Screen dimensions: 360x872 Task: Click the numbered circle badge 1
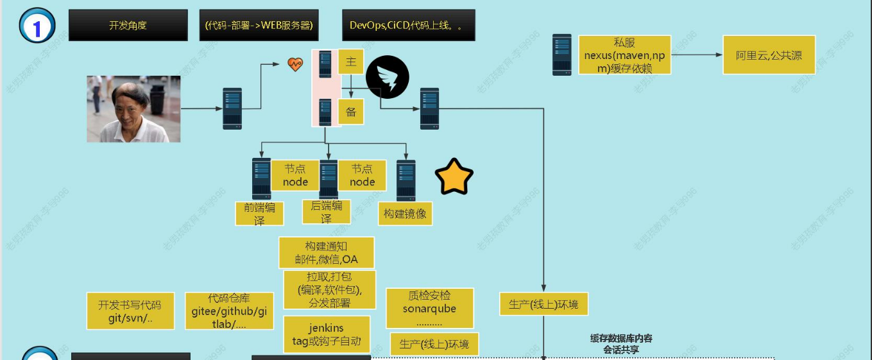[x=37, y=26]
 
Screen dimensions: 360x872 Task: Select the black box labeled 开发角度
[x=128, y=26]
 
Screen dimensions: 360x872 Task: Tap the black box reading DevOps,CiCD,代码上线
[x=408, y=26]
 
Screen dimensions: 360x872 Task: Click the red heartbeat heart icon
[x=295, y=64]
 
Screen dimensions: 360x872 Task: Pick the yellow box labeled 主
[x=351, y=62]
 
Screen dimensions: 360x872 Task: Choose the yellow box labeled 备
[x=351, y=111]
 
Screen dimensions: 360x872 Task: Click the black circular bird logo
[x=388, y=77]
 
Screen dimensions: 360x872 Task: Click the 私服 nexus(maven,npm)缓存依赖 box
[x=624, y=55]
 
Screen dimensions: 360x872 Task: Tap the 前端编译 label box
[x=259, y=213]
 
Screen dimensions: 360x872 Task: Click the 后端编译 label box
[x=326, y=212]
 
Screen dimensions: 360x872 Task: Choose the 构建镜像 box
[x=405, y=214]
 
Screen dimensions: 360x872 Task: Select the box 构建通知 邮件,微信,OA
[x=327, y=253]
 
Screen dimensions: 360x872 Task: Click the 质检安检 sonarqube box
[x=430, y=309]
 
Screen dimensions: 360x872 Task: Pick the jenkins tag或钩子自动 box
[x=327, y=334]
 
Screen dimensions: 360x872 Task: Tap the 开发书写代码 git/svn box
[x=130, y=311]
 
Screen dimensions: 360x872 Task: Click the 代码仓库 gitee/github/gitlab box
[x=229, y=311]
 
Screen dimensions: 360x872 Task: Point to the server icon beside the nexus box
[x=562, y=56]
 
